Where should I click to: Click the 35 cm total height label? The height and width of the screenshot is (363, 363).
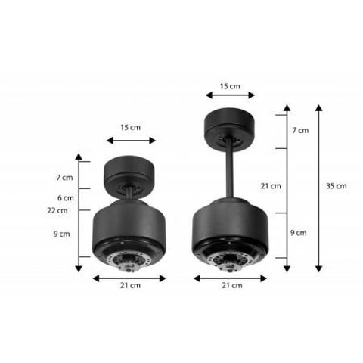tap(337, 186)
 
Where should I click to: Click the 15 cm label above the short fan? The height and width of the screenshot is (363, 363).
tap(130, 128)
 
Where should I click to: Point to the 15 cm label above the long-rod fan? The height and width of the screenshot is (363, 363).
tap(231, 86)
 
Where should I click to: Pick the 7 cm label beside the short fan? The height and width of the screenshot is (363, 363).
tap(64, 178)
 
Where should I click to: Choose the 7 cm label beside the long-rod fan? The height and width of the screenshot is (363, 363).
tap(300, 130)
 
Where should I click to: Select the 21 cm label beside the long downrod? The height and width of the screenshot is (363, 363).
tap(270, 185)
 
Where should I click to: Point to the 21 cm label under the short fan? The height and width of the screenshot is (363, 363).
tap(129, 285)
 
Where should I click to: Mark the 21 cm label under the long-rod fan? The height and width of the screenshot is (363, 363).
tap(231, 285)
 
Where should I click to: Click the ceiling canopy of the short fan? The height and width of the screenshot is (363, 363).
tap(131, 172)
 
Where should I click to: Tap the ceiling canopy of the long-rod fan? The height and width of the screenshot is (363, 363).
tap(231, 125)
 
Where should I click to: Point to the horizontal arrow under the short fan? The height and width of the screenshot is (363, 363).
tap(129, 278)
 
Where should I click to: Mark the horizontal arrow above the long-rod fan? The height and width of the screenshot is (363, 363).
tap(231, 95)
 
